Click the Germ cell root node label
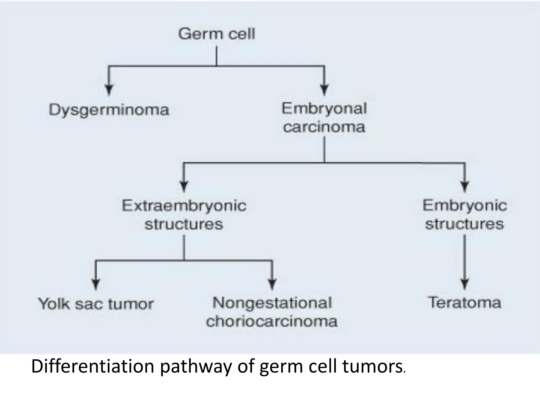click(216, 34)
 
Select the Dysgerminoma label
click(109, 110)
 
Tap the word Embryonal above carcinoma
click(324, 109)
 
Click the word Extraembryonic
click(184, 206)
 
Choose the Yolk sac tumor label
click(96, 304)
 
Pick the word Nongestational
click(272, 303)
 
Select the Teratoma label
click(464, 303)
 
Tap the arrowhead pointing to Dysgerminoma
click(109, 90)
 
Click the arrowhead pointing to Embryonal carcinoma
click(324, 90)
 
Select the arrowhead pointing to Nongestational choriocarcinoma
click(272, 284)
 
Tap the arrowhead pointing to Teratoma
click(465, 284)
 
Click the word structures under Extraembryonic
click(184, 224)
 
